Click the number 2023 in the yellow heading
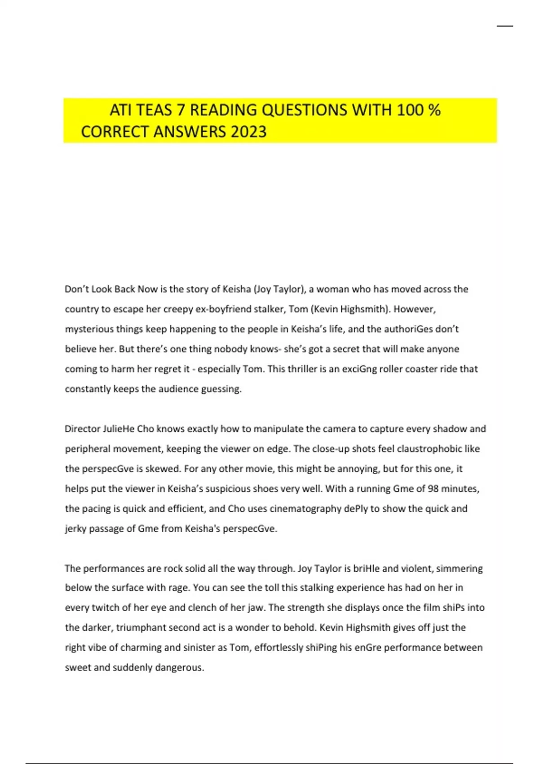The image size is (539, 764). (248, 132)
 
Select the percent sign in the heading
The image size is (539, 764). (434, 110)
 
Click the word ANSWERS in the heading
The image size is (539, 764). (190, 132)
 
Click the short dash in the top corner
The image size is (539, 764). (504, 27)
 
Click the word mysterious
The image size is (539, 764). (89, 329)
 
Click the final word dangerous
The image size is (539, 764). (179, 668)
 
